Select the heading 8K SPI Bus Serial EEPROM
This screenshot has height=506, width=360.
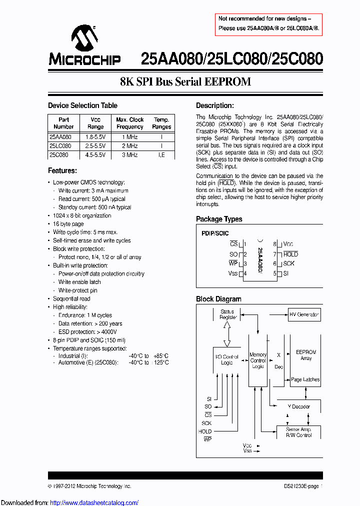click(x=185, y=82)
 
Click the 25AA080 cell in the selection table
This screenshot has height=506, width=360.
click(x=60, y=136)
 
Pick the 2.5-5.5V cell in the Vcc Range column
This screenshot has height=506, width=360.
click(x=95, y=145)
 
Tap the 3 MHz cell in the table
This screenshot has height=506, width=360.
click(x=129, y=155)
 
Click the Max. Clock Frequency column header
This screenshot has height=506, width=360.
click(x=129, y=123)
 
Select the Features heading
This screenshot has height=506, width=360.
click(x=62, y=170)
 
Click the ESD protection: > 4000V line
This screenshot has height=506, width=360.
click(x=87, y=332)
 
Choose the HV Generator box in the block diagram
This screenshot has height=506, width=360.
click(x=304, y=314)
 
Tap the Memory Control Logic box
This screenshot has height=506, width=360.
click(x=258, y=360)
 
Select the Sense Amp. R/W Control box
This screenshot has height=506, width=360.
click(x=298, y=432)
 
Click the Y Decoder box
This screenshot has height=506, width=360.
click(x=298, y=406)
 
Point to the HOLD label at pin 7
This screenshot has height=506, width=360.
click(x=290, y=254)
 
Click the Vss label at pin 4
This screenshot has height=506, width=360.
click(x=233, y=273)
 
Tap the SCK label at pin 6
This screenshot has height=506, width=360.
click(x=288, y=263)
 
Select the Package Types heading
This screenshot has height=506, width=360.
click(x=219, y=219)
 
